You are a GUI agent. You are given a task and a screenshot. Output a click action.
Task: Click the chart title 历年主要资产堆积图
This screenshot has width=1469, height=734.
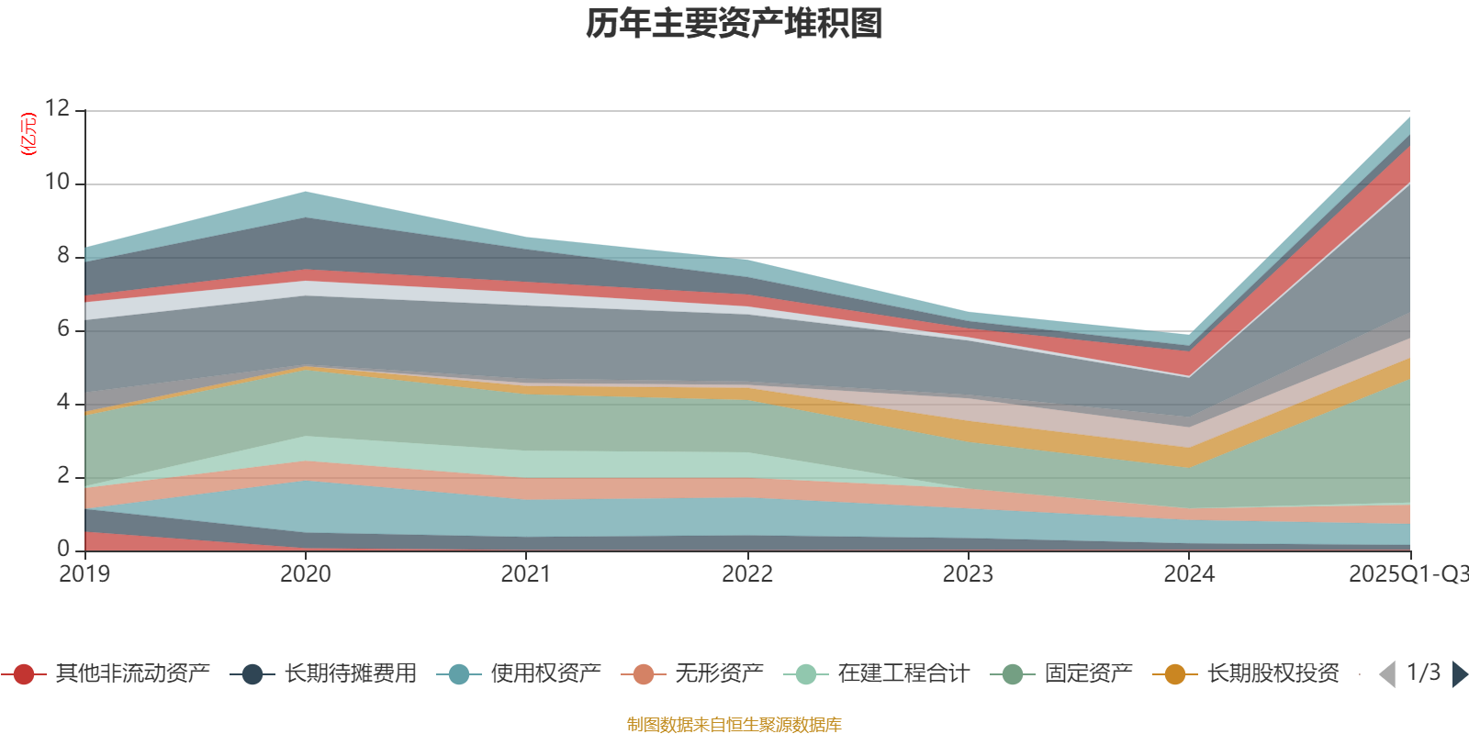coord(734,24)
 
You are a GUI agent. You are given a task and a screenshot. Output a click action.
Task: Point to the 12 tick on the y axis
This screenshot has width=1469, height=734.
coord(57,108)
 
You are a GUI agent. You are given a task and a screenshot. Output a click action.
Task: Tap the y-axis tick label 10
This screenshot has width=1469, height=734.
coord(57,182)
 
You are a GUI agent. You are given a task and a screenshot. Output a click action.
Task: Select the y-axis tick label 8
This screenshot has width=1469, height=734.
coord(62,255)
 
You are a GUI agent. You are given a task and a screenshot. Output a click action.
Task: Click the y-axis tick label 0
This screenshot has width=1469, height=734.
coord(62,549)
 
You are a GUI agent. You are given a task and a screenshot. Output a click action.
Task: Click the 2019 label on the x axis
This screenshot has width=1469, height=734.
coord(84,574)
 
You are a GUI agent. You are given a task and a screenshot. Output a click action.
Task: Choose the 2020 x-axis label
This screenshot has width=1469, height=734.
coord(305,574)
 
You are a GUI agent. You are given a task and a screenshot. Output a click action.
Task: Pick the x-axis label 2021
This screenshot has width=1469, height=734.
coord(525,574)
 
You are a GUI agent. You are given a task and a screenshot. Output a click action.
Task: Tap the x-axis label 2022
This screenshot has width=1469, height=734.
coord(746,574)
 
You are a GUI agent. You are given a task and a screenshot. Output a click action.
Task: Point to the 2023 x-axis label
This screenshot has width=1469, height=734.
coord(968,574)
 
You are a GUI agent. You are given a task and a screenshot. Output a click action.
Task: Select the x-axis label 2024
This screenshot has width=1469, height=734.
coord(1189,574)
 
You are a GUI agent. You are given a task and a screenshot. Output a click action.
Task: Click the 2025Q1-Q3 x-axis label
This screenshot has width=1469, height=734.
coord(1407,574)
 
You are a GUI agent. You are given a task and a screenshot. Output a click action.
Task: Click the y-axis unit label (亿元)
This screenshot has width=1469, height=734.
coord(28,134)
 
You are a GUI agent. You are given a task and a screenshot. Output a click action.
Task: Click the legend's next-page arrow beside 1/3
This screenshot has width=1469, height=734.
coord(1460,674)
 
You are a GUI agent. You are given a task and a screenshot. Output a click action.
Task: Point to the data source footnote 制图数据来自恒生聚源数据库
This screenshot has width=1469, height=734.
coord(734,725)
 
